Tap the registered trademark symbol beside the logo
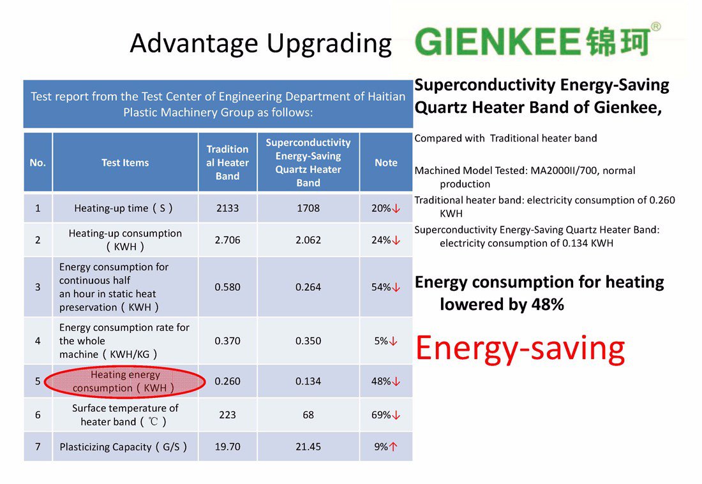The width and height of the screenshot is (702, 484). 655,26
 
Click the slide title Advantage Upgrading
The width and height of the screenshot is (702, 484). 260,43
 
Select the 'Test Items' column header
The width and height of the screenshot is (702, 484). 125,163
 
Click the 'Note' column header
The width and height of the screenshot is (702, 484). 386,163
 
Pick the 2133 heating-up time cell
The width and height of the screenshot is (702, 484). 227,208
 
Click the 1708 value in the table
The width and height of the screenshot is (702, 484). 308,208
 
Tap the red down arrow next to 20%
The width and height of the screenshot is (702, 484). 396,209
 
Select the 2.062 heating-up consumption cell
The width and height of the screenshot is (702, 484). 308,240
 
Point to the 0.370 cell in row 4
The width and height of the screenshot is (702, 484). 227,341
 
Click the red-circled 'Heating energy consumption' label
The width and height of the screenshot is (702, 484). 125,381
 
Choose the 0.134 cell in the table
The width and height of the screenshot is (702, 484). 308,381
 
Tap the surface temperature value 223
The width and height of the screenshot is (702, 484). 227,414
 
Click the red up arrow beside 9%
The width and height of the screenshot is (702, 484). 393,446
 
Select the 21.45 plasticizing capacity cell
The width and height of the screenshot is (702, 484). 308,446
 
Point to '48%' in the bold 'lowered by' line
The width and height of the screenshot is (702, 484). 548,305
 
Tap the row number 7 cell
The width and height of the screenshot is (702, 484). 38,446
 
